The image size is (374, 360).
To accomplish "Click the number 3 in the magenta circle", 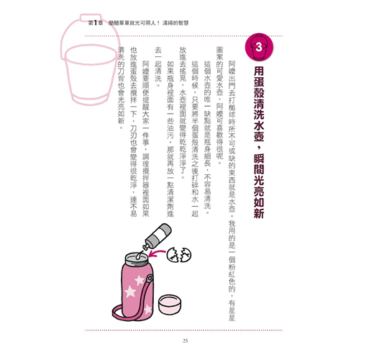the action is tap(259, 47).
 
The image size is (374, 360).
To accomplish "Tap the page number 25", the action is tap(185, 341).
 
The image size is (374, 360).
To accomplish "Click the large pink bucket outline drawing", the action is tap(90, 60).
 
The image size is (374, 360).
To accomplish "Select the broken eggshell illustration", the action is tap(179, 255).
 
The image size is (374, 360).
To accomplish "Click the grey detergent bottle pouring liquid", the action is tap(158, 236).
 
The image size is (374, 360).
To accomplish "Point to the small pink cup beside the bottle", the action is tap(170, 305).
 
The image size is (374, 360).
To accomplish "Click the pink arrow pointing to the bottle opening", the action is tap(157, 253).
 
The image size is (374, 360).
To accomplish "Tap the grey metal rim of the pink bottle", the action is tap(137, 258).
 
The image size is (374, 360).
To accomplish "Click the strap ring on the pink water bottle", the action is tap(150, 279).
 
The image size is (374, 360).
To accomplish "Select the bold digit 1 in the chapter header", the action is tap(96, 23).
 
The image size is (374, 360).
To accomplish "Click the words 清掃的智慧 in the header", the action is tap(175, 23).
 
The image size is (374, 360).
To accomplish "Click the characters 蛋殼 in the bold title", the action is tap(259, 87).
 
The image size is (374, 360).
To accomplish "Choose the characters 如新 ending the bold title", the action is tap(259, 208).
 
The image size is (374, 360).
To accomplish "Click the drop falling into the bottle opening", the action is tap(139, 256).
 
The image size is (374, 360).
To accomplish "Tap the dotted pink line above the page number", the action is tap(184, 330).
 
